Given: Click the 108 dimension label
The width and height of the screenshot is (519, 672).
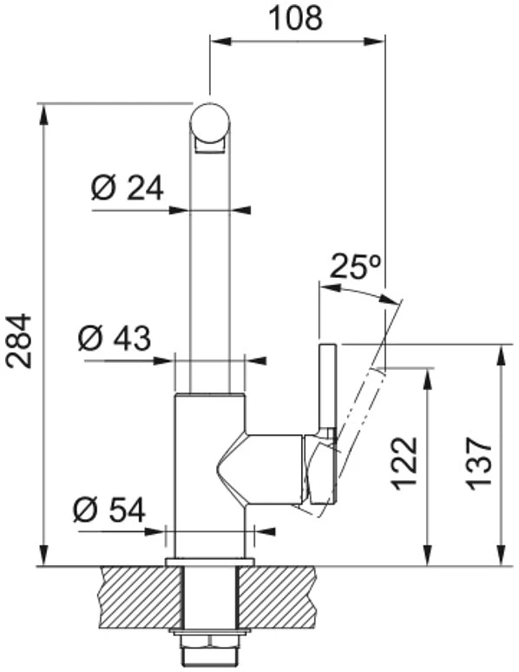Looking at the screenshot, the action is tap(295, 18).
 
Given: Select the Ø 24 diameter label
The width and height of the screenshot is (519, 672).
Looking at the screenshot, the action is tap(128, 188).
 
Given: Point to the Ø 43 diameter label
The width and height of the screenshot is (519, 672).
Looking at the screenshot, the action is tap(115, 338).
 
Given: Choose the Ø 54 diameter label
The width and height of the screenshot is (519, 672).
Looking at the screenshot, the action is tap(109, 511).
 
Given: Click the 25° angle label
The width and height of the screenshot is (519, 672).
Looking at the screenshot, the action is tap(355, 267).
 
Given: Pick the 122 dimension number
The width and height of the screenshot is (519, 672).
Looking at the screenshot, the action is tap(405, 464).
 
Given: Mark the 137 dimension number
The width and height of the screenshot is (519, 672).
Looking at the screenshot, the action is tap(480, 464).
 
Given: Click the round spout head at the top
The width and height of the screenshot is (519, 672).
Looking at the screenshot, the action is tap(210, 122).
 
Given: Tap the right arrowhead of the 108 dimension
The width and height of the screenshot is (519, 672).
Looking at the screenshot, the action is tap(374, 42).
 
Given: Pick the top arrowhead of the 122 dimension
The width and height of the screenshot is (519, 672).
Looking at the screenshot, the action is tap(427, 380).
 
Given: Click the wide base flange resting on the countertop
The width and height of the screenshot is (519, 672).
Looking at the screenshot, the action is tap(209, 562).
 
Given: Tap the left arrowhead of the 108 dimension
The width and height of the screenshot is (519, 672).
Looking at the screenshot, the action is tap(220, 42).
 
